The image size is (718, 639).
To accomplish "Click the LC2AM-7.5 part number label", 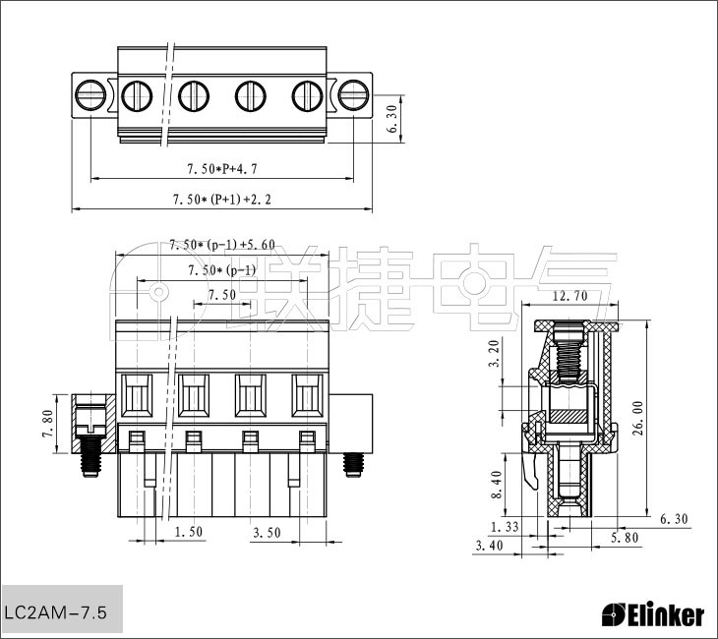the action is (x=55, y=612).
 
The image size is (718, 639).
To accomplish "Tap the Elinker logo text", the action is (x=652, y=615).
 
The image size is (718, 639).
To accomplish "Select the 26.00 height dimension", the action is (x=638, y=419).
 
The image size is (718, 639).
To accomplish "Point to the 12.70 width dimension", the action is (x=569, y=296).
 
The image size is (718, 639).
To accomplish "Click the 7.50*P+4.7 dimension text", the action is (x=222, y=169).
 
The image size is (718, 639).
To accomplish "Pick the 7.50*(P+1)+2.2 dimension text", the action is (x=221, y=200).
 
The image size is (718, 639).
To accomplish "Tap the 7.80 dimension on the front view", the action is (x=48, y=424).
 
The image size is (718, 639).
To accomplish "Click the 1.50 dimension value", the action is (x=189, y=532).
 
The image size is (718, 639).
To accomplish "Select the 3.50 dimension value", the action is (x=267, y=533).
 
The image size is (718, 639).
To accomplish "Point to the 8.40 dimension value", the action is (x=497, y=485).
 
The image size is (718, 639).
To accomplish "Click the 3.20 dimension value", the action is (x=495, y=353).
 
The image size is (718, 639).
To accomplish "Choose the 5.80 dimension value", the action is (x=625, y=538).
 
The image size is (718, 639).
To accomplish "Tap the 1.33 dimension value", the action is (x=505, y=527).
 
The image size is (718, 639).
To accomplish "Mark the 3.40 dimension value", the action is (x=489, y=546).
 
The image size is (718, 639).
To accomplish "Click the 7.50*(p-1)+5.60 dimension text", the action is (x=222, y=245).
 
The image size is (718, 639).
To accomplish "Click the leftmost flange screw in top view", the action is (x=90, y=95).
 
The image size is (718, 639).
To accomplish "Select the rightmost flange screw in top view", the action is (x=353, y=95).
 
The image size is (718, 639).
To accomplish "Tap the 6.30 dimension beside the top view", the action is (x=392, y=119).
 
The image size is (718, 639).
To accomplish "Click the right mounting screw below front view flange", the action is (x=352, y=465).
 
